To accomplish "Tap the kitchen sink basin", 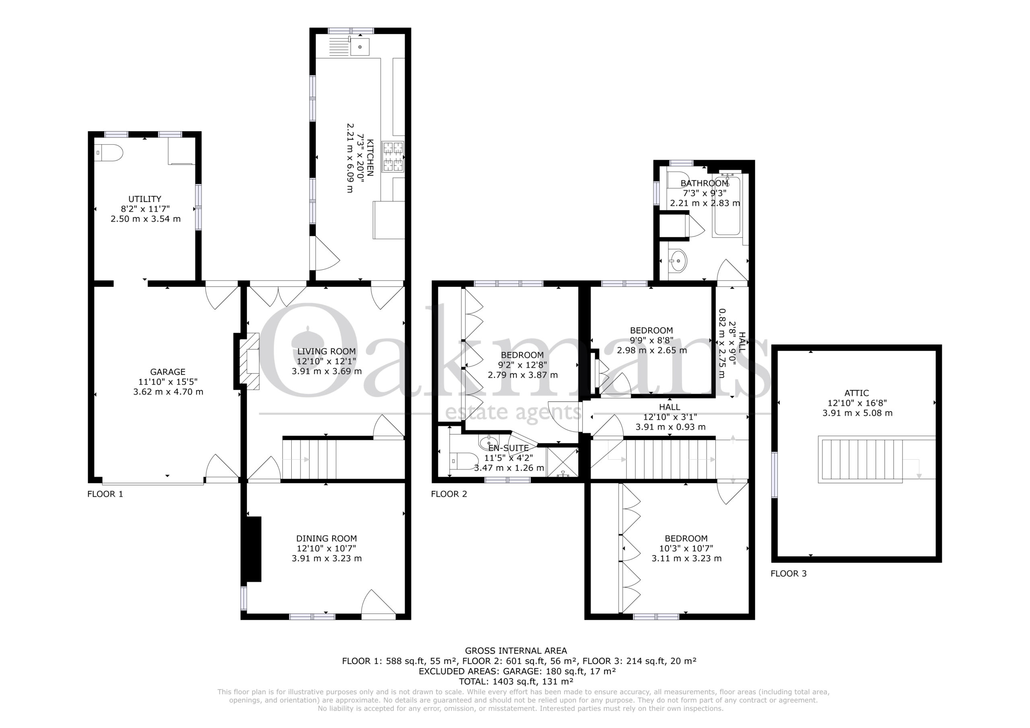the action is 360,47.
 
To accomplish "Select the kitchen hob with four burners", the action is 393,156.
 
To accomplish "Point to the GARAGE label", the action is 168,372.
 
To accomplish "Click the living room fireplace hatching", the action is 249,361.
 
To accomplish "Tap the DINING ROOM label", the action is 327,538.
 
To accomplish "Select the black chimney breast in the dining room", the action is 252,549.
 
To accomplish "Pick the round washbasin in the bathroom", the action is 678,261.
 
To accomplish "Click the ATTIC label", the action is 857,393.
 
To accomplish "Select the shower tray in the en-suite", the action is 562,462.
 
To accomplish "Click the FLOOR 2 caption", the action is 449,494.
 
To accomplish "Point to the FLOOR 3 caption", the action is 789,573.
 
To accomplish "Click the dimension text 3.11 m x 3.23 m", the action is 687,558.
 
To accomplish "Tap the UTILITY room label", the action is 145,199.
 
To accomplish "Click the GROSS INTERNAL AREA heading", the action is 516,650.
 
